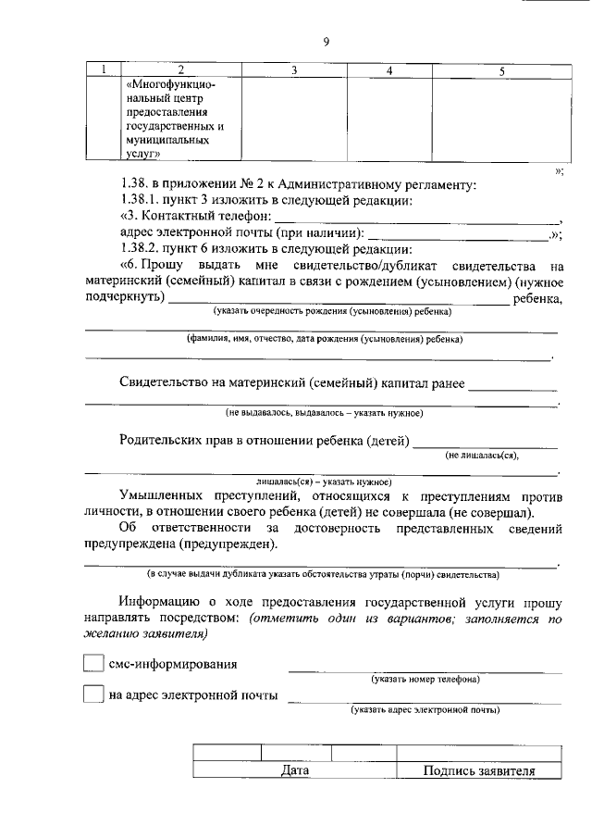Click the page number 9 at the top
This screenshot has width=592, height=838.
tap(327, 41)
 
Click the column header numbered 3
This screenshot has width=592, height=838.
tap(293, 70)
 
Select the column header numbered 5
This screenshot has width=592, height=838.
tap(500, 70)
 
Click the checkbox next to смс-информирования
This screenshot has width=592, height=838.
tap(93, 664)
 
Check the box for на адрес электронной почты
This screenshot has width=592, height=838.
tap(93, 694)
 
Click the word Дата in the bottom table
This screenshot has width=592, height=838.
tap(294, 770)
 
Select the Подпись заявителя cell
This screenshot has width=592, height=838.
tap(478, 770)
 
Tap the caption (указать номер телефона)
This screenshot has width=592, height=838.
tap(425, 680)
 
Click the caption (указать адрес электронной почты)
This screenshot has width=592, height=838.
tap(425, 710)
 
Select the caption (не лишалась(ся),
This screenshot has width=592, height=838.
tap(482, 456)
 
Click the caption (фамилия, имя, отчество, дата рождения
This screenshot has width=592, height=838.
tap(324, 339)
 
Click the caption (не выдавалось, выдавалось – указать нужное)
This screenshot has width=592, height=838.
tap(324, 412)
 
